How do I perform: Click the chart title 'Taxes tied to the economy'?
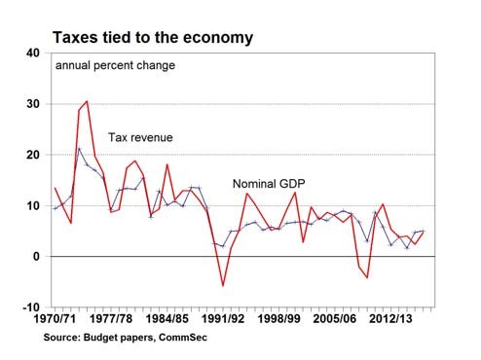point(153,38)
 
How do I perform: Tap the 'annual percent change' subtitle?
point(115,66)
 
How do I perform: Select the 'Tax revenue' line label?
point(140,137)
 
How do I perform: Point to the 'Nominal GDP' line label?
point(269,184)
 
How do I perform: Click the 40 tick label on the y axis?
point(33,53)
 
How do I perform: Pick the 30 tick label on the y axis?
point(33,104)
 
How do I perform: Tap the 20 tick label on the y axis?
point(33,155)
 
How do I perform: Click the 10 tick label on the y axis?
point(33,205)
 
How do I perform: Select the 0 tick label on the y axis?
point(36,257)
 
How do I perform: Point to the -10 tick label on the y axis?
point(31,307)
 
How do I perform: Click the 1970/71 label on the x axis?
point(55,318)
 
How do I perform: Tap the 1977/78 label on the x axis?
point(111,318)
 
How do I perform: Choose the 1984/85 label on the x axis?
point(166,318)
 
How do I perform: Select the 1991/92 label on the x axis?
point(223,318)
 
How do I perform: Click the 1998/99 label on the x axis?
point(278,318)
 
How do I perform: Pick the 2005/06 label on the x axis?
point(335,318)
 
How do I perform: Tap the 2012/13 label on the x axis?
point(390,318)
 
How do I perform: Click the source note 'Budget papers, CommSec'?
point(145,338)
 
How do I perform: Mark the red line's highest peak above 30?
point(87,101)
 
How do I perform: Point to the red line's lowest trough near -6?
point(223,285)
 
